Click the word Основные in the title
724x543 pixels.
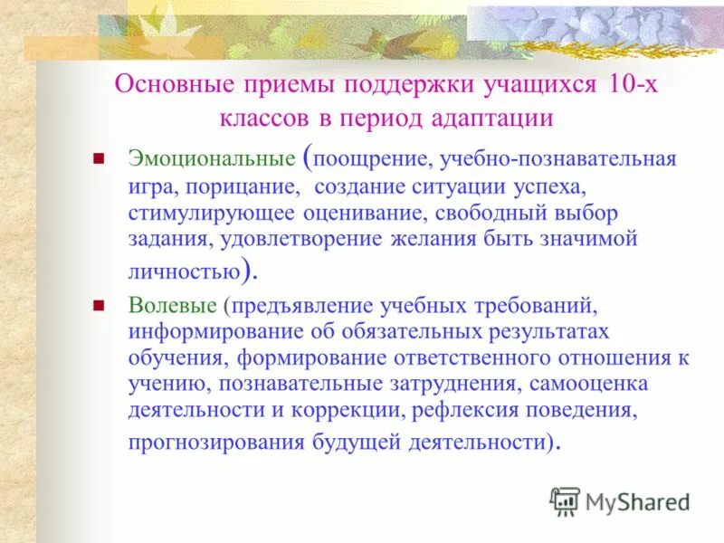(167, 86)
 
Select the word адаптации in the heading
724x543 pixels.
(496, 119)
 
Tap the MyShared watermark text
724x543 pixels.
(638, 500)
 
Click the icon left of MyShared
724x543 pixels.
(565, 500)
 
